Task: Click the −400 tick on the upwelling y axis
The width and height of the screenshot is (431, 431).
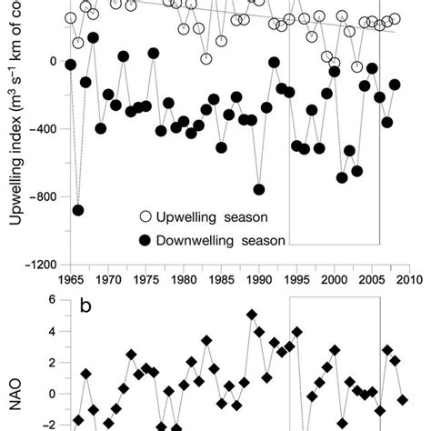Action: [x=45, y=129]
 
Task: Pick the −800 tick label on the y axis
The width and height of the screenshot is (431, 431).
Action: [x=45, y=197]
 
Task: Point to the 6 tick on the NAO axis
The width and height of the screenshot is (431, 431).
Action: [x=53, y=299]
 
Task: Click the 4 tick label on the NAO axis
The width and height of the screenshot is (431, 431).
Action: [x=53, y=331]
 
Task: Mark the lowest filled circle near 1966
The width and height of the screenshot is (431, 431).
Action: [x=78, y=210]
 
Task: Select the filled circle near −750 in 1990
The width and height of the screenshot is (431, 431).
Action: [x=259, y=189]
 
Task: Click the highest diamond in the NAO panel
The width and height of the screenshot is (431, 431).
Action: [x=252, y=315]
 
